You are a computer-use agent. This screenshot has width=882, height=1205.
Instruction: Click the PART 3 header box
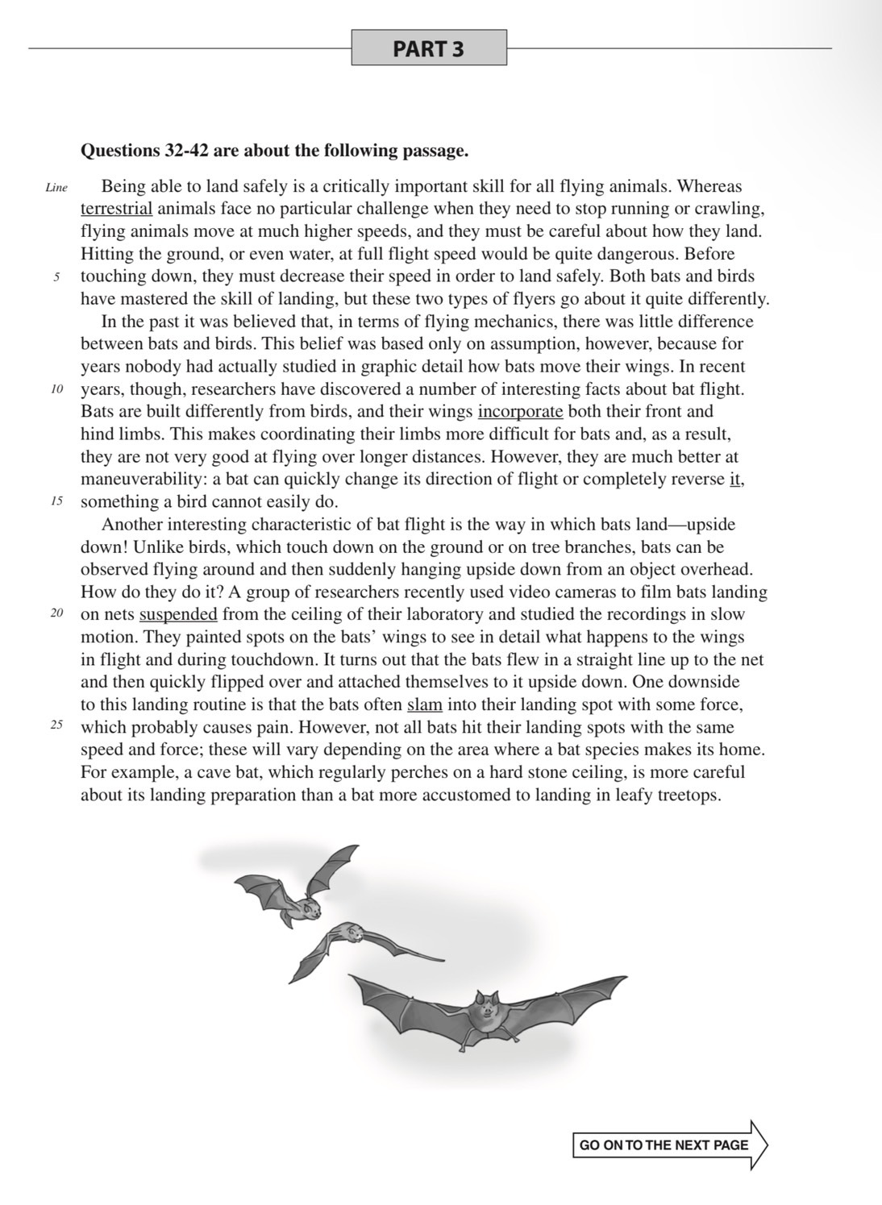[x=429, y=48]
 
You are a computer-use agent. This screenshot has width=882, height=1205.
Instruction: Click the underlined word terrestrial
[x=116, y=209]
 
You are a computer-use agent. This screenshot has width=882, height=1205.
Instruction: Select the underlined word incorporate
[x=520, y=412]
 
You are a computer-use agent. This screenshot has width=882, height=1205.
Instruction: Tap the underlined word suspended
[x=178, y=614]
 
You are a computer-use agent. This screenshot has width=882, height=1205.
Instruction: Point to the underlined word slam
[x=425, y=704]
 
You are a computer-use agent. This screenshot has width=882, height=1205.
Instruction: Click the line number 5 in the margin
[x=56, y=276]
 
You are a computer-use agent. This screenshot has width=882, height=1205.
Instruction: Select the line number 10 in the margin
[x=56, y=389]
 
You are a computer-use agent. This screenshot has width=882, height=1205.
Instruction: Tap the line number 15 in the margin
[x=56, y=501]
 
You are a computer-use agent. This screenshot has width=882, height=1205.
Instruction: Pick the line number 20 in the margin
[x=56, y=614]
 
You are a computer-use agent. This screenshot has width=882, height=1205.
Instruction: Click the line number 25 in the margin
[x=56, y=725]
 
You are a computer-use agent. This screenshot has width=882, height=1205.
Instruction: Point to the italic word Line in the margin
[x=56, y=188]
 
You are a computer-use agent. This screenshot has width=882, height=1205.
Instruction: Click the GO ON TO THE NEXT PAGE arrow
[x=669, y=1145]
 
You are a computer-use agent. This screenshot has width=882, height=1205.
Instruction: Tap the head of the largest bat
[x=485, y=1008]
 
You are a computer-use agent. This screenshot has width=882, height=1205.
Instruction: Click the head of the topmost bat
[x=309, y=909]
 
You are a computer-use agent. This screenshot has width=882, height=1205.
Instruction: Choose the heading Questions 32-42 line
[x=274, y=151]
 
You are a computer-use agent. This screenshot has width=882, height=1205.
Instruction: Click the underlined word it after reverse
[x=735, y=480]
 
